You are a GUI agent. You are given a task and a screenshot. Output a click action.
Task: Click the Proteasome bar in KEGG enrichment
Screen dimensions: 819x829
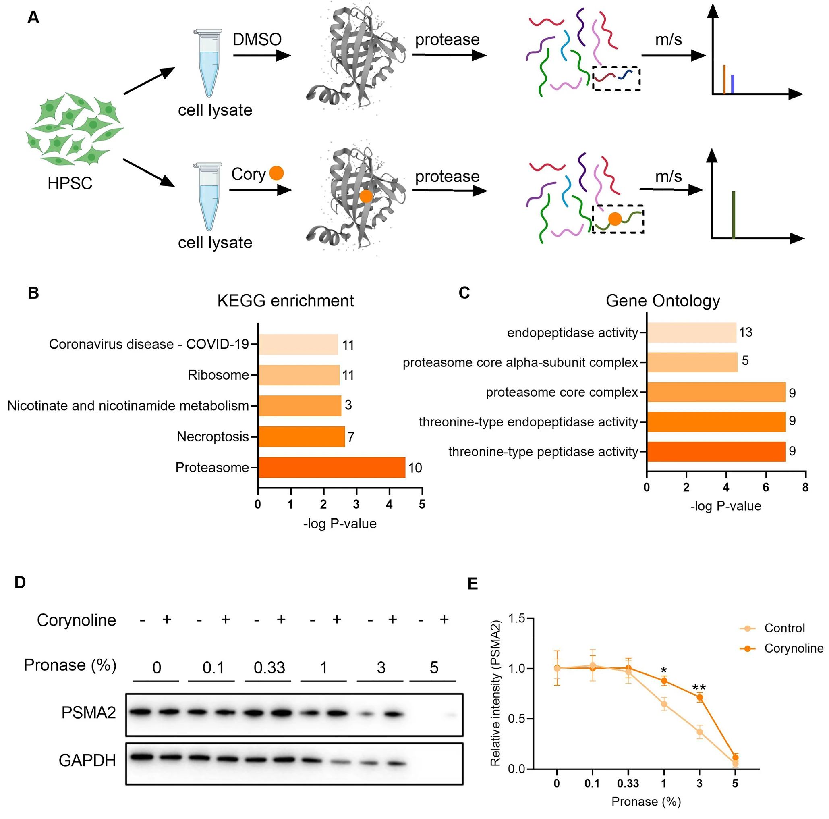click(x=332, y=468)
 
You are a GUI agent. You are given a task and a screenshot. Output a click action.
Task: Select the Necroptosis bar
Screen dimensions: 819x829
click(x=302, y=437)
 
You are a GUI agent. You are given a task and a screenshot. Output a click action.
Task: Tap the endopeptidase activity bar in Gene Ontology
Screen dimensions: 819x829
click(x=692, y=333)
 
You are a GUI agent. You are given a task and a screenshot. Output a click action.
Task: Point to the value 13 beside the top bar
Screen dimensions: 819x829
click(x=746, y=332)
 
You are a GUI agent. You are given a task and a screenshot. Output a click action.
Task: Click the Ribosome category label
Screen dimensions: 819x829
click(x=218, y=375)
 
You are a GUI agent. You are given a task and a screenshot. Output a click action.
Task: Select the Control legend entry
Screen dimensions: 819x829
click(x=784, y=628)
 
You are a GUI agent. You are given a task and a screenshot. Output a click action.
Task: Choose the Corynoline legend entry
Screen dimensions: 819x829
click(x=794, y=648)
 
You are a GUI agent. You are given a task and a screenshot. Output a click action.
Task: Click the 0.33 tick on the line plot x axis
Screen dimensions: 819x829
click(x=628, y=784)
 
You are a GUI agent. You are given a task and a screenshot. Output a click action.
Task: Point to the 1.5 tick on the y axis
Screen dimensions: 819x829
click(x=517, y=619)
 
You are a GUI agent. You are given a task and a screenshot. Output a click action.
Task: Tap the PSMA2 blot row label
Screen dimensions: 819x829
click(x=88, y=713)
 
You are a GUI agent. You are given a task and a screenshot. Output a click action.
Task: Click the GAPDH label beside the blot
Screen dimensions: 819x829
click(x=87, y=760)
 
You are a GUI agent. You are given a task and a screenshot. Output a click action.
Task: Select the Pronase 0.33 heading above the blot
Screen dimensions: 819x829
click(x=269, y=667)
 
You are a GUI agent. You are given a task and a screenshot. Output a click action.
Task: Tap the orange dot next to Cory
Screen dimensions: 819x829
click(x=276, y=173)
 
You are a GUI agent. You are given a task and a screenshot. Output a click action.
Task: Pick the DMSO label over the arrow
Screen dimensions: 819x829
click(x=257, y=39)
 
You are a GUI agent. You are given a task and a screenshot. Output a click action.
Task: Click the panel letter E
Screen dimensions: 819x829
click(x=473, y=583)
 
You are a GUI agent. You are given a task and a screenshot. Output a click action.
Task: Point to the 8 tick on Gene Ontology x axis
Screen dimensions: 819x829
click(x=805, y=488)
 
